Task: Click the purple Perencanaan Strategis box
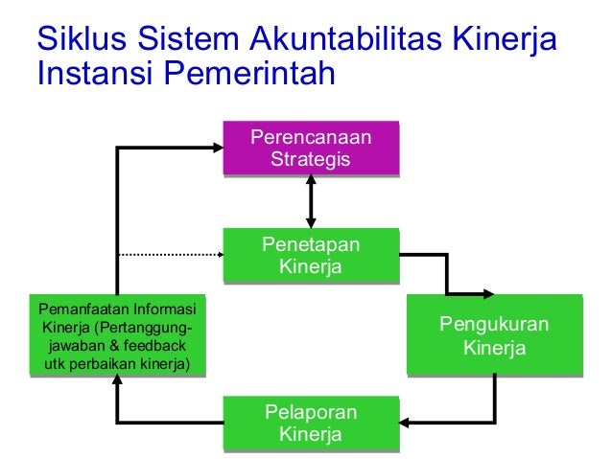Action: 310,149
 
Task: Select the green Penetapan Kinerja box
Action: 310,255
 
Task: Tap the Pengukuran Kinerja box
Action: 493,334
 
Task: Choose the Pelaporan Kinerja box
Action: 310,423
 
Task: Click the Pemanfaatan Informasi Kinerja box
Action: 116,335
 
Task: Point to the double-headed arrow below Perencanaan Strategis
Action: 310,201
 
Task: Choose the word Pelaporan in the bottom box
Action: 310,412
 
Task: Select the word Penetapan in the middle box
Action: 310,244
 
